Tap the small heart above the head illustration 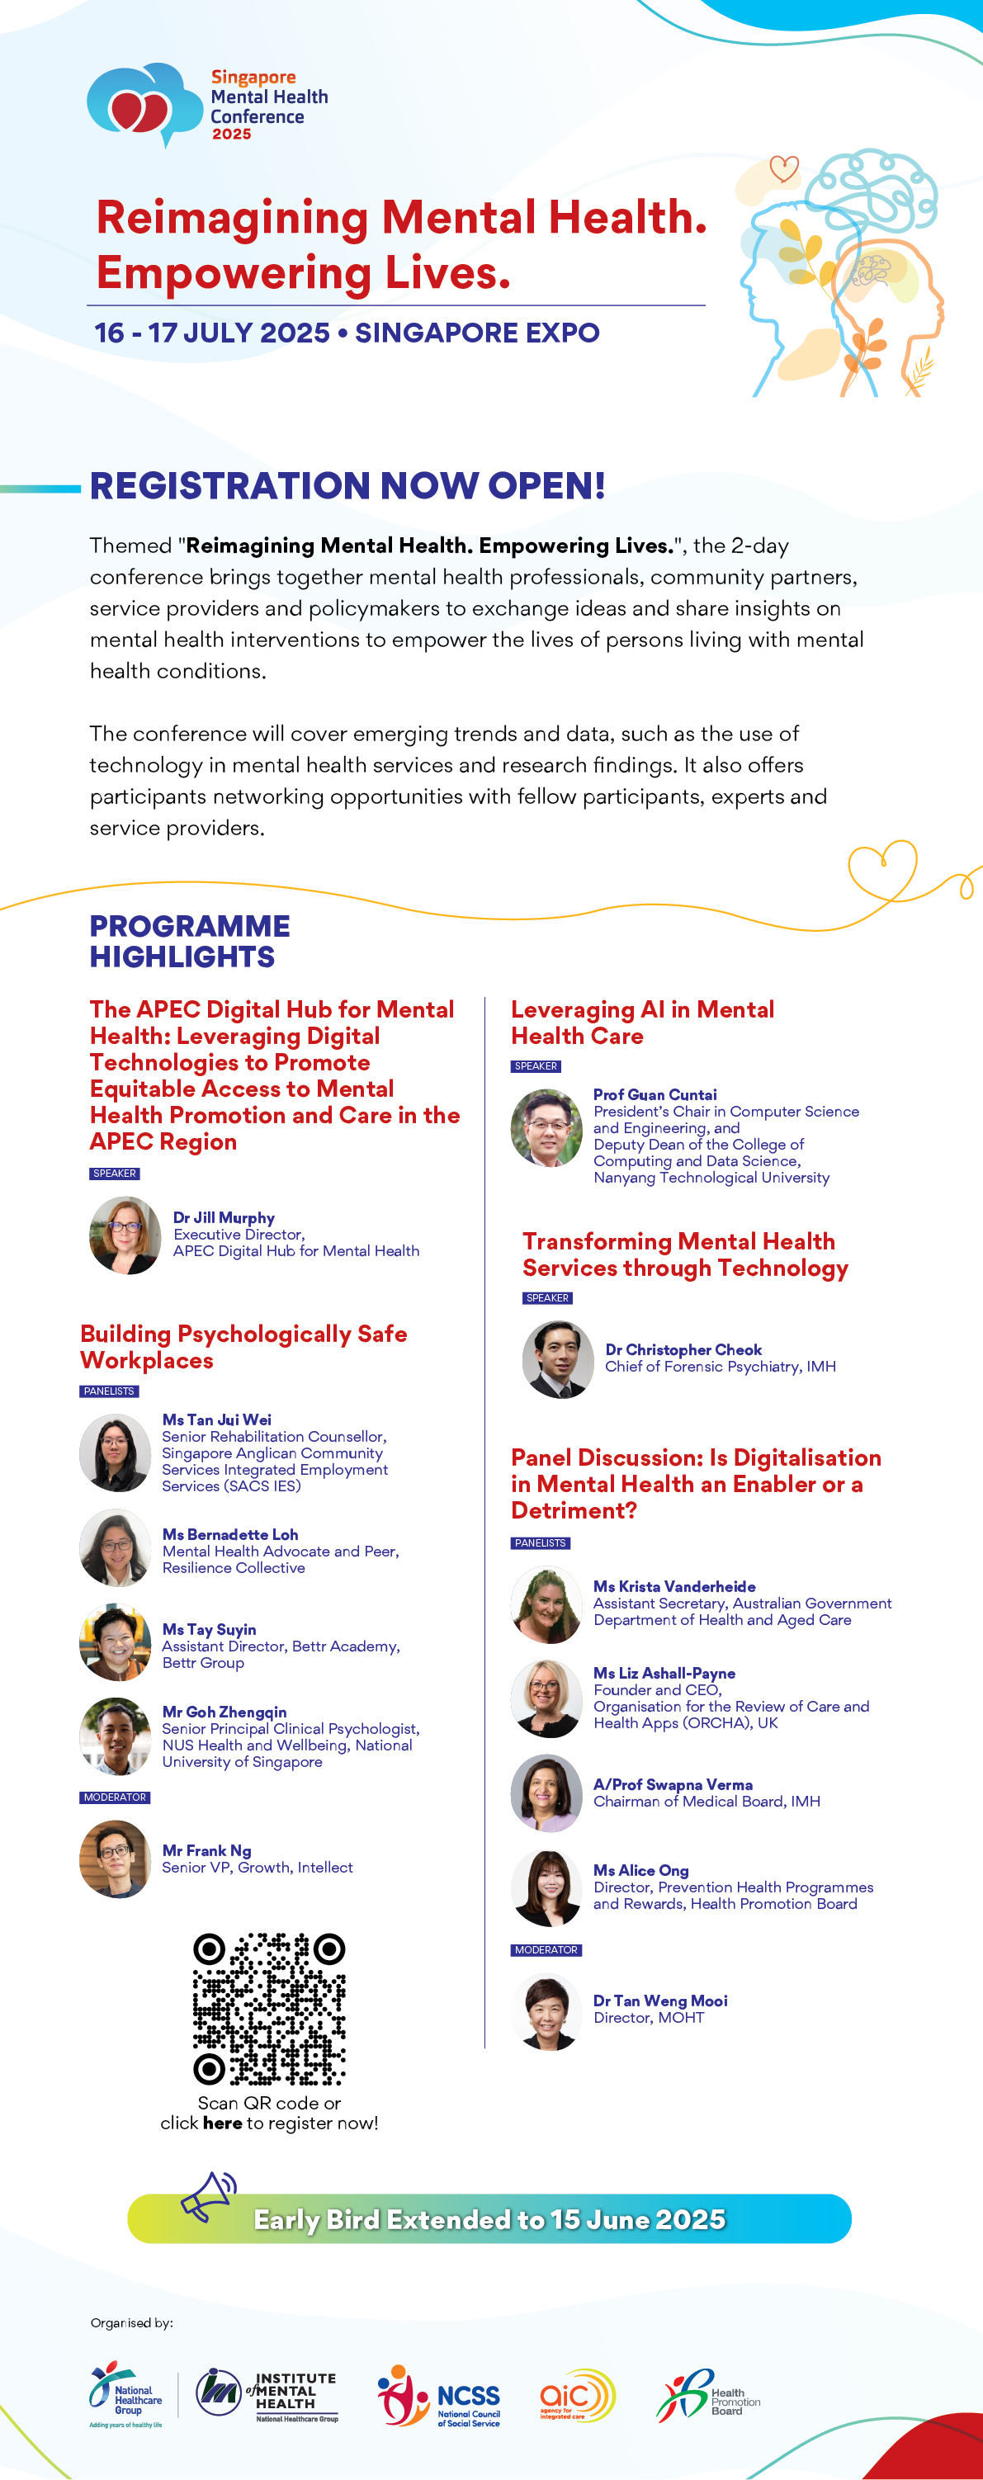tap(784, 169)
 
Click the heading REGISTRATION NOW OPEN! tap(347, 485)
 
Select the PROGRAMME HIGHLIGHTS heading tap(190, 941)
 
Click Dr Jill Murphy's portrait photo tap(125, 1235)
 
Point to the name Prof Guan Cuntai tap(655, 1094)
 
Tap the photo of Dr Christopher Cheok tap(557, 1358)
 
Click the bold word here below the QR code tap(222, 2123)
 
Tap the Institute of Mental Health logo tap(267, 2394)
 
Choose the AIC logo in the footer tap(577, 2395)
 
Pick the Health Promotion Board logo tap(707, 2395)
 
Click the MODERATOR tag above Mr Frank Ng tap(115, 1797)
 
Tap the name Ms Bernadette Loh tap(230, 1534)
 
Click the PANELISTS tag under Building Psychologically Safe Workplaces tap(109, 1391)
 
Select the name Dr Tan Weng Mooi tap(660, 2001)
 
